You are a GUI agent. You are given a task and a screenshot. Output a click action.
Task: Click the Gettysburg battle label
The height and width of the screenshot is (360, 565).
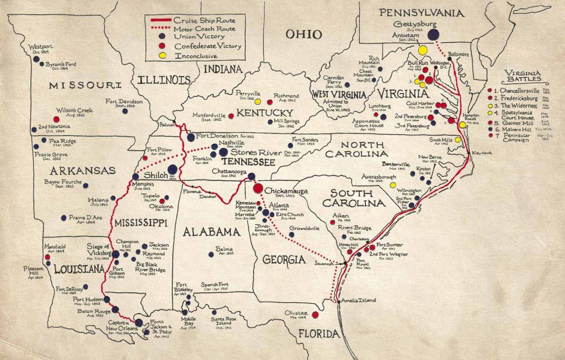(x=415, y=25)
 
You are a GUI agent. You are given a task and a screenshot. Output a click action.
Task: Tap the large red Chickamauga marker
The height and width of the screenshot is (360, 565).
(x=258, y=188)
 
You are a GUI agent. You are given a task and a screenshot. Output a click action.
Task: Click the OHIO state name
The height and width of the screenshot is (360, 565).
(x=303, y=35)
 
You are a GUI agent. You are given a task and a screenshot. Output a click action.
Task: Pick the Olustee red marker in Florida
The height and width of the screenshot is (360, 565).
(x=315, y=315)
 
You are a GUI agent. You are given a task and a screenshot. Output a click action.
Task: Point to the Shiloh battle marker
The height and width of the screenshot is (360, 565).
(x=172, y=169)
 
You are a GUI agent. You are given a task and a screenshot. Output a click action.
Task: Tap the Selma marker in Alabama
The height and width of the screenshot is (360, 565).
(x=211, y=254)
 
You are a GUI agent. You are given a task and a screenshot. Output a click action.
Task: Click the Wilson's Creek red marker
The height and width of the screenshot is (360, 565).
(x=56, y=119)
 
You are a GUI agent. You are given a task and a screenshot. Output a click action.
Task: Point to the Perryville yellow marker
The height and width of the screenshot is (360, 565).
(x=257, y=101)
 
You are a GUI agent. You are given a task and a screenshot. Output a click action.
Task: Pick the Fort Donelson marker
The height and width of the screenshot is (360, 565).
(x=190, y=137)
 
